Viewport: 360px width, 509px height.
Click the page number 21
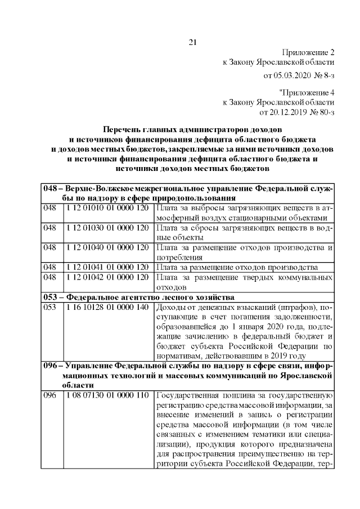pyautogui.click(x=192, y=42)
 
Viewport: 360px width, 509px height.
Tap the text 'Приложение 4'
pyautogui.click(x=307, y=92)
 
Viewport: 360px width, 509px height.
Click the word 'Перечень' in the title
pyautogui.click(x=121, y=129)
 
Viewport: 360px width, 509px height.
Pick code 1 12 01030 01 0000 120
pyautogui.click(x=107, y=228)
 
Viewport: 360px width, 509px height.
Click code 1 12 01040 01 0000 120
pyautogui.click(x=107, y=247)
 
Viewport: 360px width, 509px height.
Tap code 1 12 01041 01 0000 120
pyautogui.click(x=107, y=267)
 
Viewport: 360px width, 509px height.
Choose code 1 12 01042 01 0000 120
pyautogui.click(x=107, y=277)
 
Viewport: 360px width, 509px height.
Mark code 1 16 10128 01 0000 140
pyautogui.click(x=107, y=307)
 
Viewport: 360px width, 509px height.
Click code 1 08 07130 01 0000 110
pyautogui.click(x=107, y=395)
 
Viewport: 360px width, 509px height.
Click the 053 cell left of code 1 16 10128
pyautogui.click(x=51, y=307)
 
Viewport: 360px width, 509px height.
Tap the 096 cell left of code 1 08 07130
pyautogui.click(x=51, y=395)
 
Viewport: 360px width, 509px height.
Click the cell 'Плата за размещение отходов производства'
pyautogui.click(x=238, y=267)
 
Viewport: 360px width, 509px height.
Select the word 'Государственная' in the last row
pyautogui.click(x=186, y=395)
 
